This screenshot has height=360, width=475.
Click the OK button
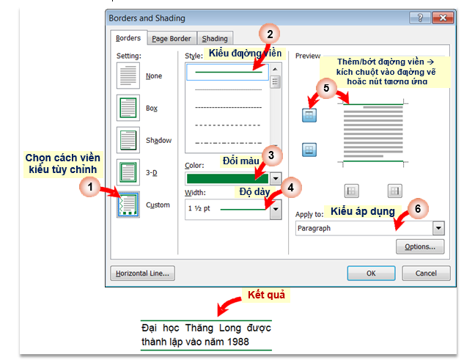click(x=371, y=273)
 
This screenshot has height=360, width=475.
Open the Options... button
click(x=420, y=246)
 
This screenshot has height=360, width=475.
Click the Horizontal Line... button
click(x=142, y=273)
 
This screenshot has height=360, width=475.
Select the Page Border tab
click(x=172, y=38)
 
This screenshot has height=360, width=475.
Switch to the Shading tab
click(x=215, y=38)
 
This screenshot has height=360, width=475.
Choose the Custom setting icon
click(x=128, y=205)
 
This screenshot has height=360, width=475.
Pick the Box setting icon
click(x=128, y=108)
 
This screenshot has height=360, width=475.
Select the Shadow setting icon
click(x=128, y=140)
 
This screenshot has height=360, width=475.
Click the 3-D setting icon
click(x=128, y=172)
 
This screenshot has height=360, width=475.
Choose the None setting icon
click(x=128, y=76)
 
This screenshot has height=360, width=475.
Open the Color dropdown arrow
click(x=276, y=178)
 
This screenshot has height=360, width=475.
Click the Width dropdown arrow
click(x=276, y=209)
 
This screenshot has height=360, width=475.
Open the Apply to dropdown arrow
click(x=438, y=228)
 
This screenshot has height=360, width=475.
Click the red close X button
click(x=443, y=18)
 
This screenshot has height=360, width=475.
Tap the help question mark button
click(x=420, y=18)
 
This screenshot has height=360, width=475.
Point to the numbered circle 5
click(x=326, y=88)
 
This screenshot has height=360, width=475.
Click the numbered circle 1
click(x=90, y=187)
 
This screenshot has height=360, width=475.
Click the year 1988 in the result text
click(x=238, y=342)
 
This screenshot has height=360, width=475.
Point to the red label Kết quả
click(x=266, y=295)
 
